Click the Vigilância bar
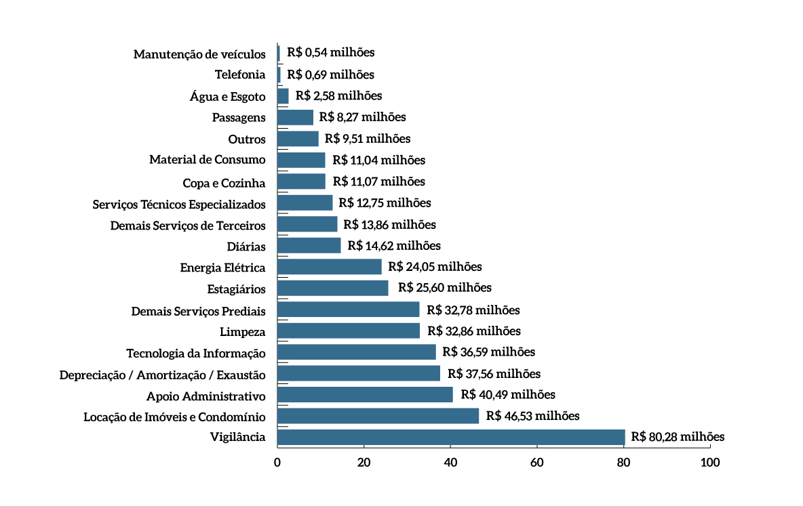pyautogui.click(x=451, y=438)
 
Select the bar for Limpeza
pyautogui.click(x=349, y=331)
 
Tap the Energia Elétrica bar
pyautogui.click(x=330, y=267)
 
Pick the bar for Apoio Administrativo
pyautogui.click(x=365, y=395)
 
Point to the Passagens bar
pyautogui.click(x=296, y=117)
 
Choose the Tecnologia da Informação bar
pyautogui.click(x=357, y=352)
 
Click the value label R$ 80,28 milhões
pyautogui.click(x=678, y=437)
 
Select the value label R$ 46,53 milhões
pyautogui.click(x=533, y=416)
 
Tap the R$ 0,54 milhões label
pyautogui.click(x=330, y=52)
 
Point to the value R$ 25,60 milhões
pyautogui.click(x=445, y=288)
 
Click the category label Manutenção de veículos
pyautogui.click(x=199, y=54)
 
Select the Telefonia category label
pyautogui.click(x=240, y=75)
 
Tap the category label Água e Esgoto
pyautogui.click(x=228, y=97)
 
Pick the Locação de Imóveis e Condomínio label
pyautogui.click(x=174, y=417)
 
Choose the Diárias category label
pyautogui.click(x=246, y=247)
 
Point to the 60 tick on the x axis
pyautogui.click(x=537, y=463)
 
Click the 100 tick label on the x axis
pyautogui.click(x=710, y=463)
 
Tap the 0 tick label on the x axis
pyautogui.click(x=277, y=463)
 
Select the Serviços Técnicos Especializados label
pyautogui.click(x=179, y=204)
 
